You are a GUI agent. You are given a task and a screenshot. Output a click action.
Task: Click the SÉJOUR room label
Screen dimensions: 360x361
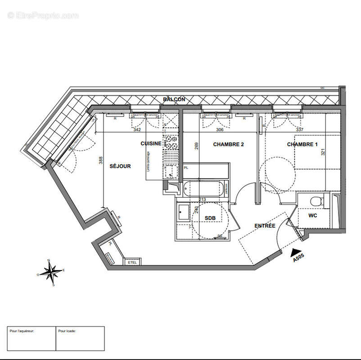(x=120, y=166)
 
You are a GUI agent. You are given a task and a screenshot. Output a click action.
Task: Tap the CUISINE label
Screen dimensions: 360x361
(x=151, y=144)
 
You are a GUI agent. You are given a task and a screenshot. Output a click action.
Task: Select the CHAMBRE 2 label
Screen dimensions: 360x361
(x=228, y=144)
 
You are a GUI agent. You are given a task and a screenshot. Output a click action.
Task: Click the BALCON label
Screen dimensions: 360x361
(x=174, y=99)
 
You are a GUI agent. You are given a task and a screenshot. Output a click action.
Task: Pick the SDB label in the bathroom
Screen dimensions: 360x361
(x=210, y=218)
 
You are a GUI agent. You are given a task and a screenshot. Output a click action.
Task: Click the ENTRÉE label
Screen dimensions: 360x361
(x=265, y=225)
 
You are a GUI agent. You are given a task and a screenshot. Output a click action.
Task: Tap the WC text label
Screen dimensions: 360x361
(x=313, y=216)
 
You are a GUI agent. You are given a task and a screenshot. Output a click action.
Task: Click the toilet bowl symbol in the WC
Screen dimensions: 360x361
(x=316, y=200)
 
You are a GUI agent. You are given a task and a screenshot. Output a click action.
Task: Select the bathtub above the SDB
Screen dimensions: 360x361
(x=203, y=188)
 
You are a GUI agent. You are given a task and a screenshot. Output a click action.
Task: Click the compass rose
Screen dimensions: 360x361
(x=52, y=271)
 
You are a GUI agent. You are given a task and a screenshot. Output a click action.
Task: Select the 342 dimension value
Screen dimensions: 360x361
(x=138, y=130)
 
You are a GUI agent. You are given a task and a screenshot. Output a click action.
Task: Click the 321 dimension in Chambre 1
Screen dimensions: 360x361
(x=323, y=153)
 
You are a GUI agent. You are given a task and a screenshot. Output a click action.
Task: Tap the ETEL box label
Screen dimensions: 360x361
(x=132, y=262)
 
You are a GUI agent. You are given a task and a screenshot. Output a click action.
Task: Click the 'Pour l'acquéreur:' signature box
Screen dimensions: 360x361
(x=32, y=338)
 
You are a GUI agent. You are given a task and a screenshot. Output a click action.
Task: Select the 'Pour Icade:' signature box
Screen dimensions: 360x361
(x=80, y=338)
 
